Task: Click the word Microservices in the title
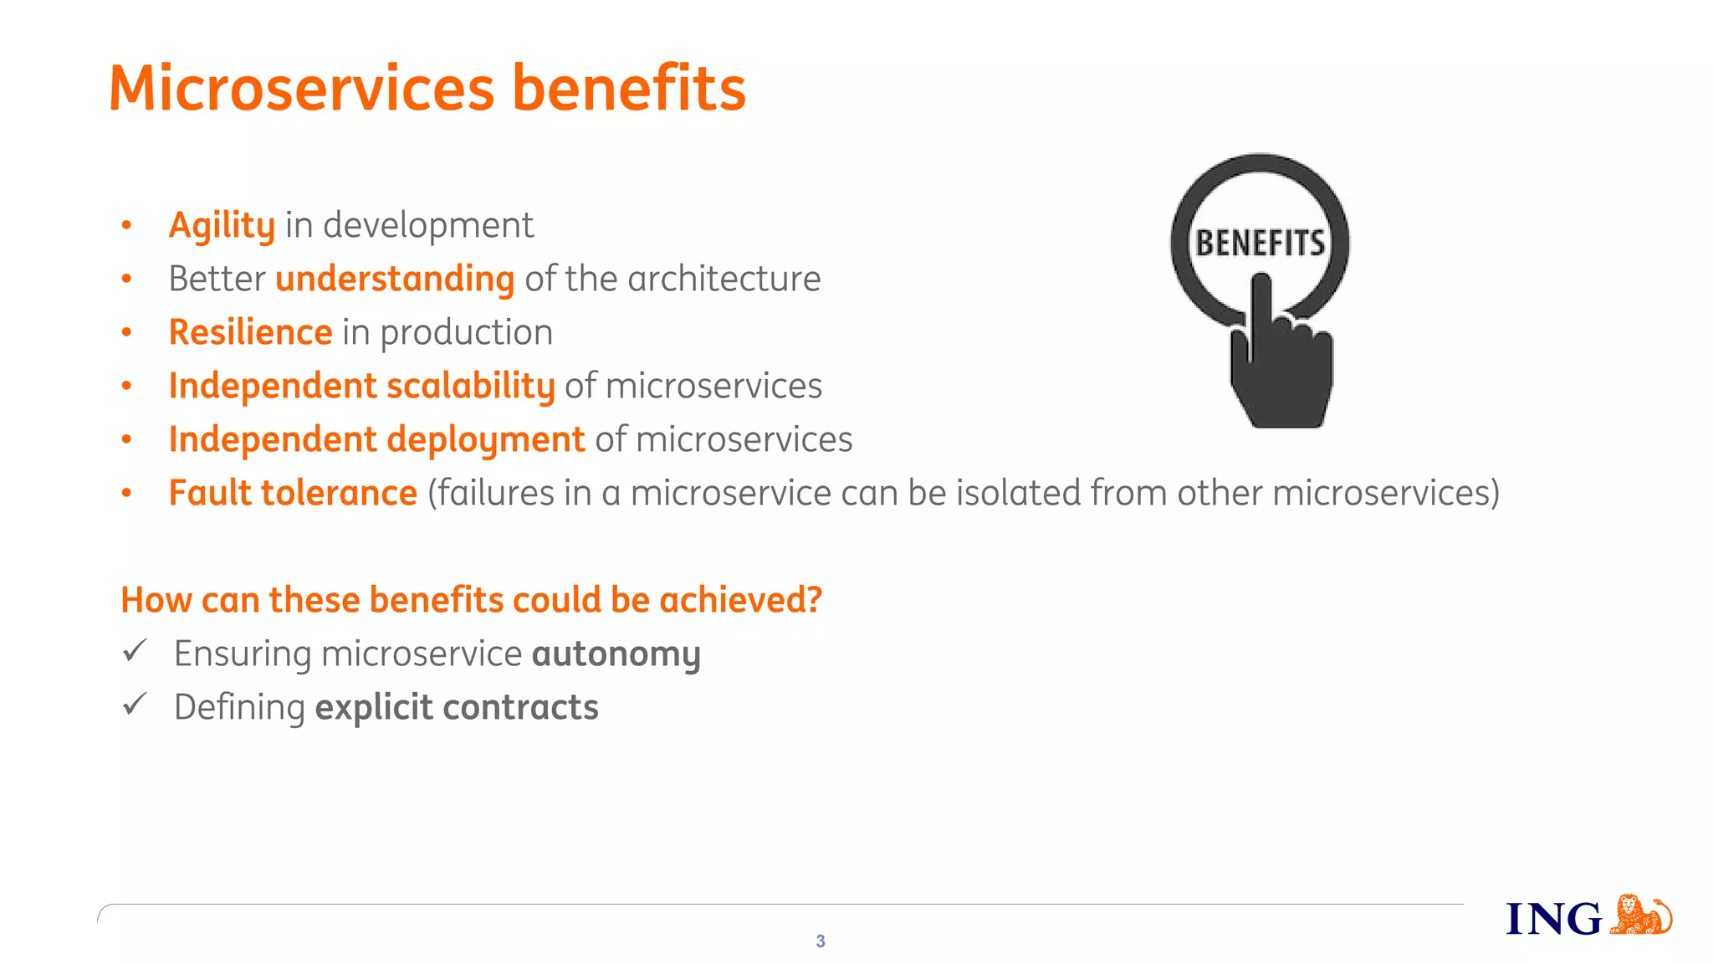pyautogui.click(x=302, y=89)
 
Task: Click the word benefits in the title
pyautogui.click(x=628, y=89)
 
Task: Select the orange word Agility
pyautogui.click(x=222, y=226)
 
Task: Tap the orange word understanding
pyautogui.click(x=395, y=279)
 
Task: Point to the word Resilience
pyautogui.click(x=250, y=333)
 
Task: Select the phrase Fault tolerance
pyautogui.click(x=293, y=494)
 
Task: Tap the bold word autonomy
pyautogui.click(x=616, y=654)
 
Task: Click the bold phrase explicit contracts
pyautogui.click(x=457, y=708)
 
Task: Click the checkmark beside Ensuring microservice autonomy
pyautogui.click(x=135, y=650)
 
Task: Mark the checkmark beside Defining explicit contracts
pyautogui.click(x=135, y=704)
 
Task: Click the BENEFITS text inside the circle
pyautogui.click(x=1260, y=244)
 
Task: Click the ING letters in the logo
pyautogui.click(x=1553, y=920)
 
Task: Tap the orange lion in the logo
pyautogui.click(x=1639, y=915)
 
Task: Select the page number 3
pyautogui.click(x=821, y=941)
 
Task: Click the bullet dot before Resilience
pyautogui.click(x=126, y=333)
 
